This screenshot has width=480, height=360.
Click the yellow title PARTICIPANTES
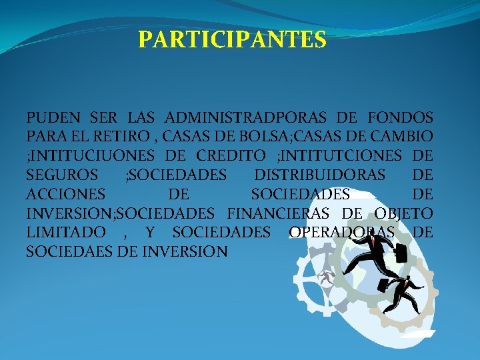232,40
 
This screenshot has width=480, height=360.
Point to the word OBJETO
404,214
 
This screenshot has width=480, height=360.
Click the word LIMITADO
65,233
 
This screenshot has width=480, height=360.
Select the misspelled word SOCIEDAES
72,252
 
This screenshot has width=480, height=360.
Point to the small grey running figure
326,278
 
